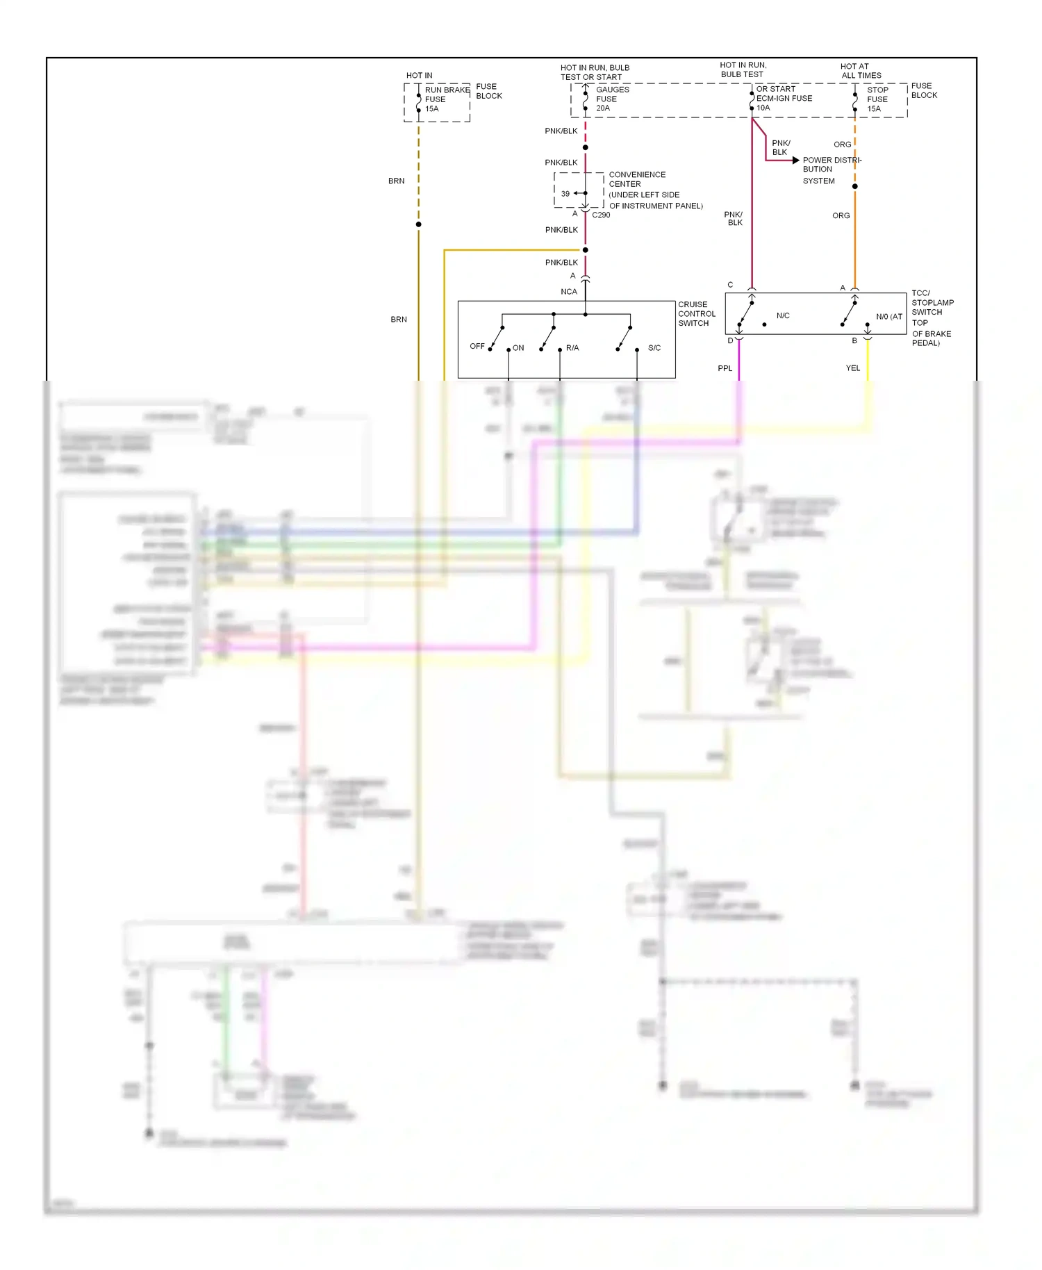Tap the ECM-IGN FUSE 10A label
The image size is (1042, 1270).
tap(783, 98)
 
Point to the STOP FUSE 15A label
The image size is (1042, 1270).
tap(877, 99)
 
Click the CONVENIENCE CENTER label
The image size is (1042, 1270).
tap(636, 179)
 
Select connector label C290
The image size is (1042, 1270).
tap(601, 215)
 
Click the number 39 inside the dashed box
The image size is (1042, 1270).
tap(565, 194)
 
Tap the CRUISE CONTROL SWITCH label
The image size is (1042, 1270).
tap(696, 314)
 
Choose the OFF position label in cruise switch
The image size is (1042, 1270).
tap(477, 346)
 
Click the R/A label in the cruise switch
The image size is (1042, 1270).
tap(572, 348)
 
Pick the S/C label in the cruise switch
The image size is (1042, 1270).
tap(654, 348)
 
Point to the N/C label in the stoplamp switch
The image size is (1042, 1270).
tap(783, 316)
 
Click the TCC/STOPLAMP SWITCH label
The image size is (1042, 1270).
tap(932, 303)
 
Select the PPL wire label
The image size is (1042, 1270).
tap(725, 368)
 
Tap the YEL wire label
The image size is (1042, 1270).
tap(853, 368)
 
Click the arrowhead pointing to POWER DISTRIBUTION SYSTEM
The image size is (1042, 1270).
tap(796, 160)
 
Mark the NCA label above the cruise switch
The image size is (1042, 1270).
tap(569, 292)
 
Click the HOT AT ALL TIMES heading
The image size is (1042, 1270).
tap(861, 71)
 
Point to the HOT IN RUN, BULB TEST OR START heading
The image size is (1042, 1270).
tap(595, 72)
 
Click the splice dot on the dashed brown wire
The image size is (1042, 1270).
tap(418, 224)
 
